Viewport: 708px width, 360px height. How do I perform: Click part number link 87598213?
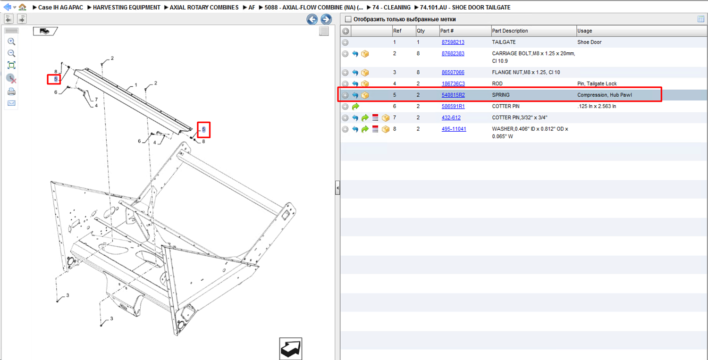(453, 42)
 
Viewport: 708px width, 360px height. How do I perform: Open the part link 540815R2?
(453, 95)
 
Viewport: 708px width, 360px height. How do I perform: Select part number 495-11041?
(454, 129)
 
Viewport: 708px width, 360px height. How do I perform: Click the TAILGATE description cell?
(504, 42)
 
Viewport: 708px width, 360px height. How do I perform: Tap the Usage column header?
(584, 31)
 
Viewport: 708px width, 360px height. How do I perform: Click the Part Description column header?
(509, 31)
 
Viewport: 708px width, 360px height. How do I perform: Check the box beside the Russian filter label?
(348, 19)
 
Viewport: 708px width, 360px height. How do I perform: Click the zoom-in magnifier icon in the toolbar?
(11, 42)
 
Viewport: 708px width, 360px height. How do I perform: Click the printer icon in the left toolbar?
(11, 92)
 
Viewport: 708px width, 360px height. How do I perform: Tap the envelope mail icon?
(11, 103)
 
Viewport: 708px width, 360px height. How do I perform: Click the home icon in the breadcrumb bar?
(22, 7)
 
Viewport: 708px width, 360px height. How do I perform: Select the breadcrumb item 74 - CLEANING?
(391, 7)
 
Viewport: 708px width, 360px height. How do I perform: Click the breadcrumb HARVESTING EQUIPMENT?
(126, 7)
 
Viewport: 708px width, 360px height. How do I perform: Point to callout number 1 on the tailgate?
(135, 85)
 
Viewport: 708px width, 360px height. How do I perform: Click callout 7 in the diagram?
(96, 99)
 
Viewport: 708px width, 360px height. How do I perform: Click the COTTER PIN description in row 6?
(506, 106)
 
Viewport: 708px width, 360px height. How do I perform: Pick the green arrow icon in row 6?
(355, 107)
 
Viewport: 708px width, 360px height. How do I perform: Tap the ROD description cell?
(497, 84)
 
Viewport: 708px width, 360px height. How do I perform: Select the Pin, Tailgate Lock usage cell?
(597, 84)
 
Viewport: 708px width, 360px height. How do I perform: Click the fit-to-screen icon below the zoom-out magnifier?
(11, 66)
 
